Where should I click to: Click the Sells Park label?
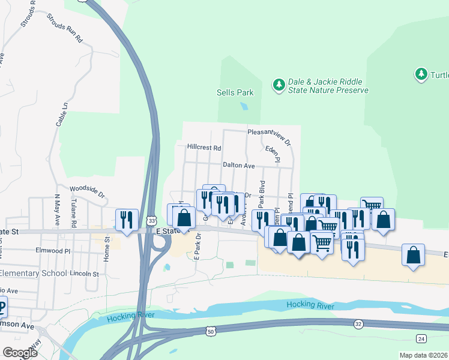(x=235, y=92)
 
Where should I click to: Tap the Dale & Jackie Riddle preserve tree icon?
(x=279, y=85)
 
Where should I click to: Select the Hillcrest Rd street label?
(x=204, y=147)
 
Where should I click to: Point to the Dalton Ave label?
(x=239, y=165)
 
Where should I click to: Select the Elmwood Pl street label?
(x=53, y=250)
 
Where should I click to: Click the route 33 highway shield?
(x=152, y=221)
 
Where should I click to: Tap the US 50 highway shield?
(x=209, y=331)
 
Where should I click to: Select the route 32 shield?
(x=358, y=324)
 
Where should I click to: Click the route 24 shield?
(x=421, y=339)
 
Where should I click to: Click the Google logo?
(x=20, y=352)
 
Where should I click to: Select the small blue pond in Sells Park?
(x=244, y=106)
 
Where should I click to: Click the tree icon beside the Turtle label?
(x=421, y=74)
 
